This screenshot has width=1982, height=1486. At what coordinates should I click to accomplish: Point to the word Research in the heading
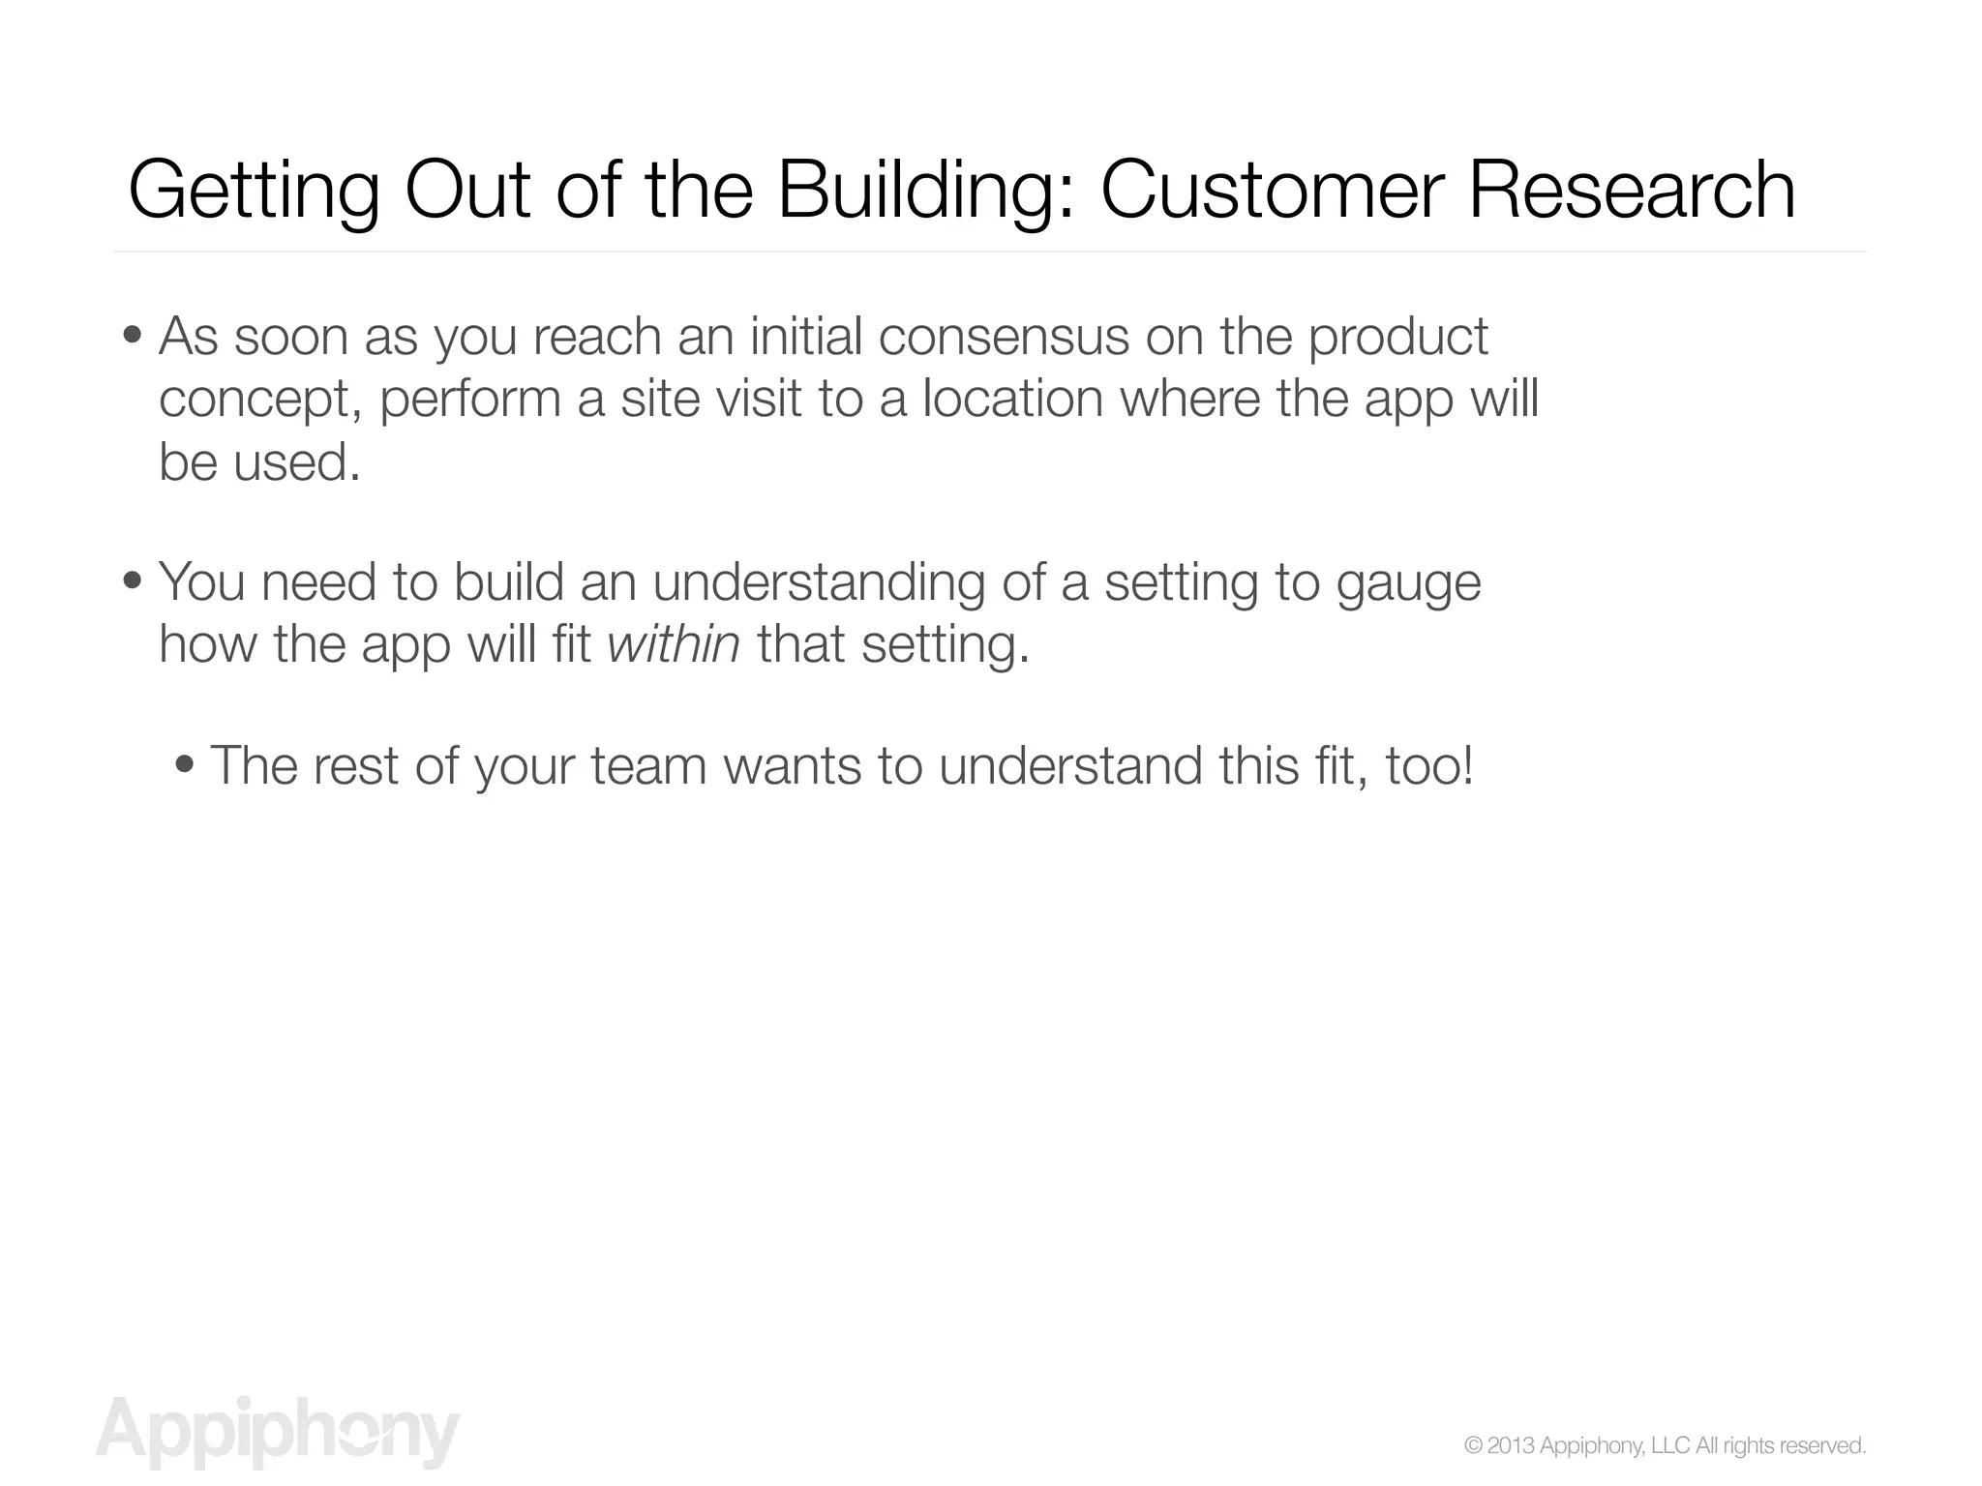1632,190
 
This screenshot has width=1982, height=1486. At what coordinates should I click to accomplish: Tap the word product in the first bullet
1397,339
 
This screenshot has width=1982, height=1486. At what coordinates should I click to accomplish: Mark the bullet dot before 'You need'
133,582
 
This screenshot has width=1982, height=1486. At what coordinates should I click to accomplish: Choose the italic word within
674,644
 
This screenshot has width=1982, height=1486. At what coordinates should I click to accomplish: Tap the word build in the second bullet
509,582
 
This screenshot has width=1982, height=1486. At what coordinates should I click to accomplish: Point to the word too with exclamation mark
1429,766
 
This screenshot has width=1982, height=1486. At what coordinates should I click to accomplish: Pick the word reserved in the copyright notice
1823,1445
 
